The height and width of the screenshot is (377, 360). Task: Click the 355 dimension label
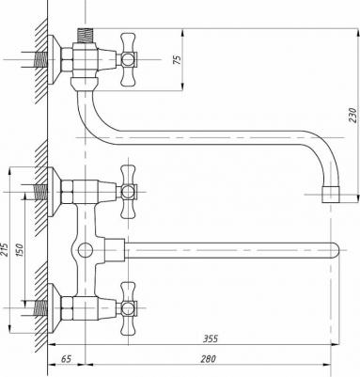click(211, 338)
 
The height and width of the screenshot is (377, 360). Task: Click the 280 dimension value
click(209, 358)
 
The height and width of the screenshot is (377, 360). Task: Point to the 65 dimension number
click(66, 358)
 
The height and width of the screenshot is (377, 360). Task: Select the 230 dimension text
click(352, 116)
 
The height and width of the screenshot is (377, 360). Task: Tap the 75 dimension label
click(178, 60)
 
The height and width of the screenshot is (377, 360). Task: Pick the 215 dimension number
click(5, 249)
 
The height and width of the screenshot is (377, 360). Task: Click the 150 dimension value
click(19, 250)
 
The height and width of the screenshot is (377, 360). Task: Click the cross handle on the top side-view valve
click(129, 59)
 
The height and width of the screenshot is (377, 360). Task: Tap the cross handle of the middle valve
click(129, 192)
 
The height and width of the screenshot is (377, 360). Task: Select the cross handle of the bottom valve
click(129, 308)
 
